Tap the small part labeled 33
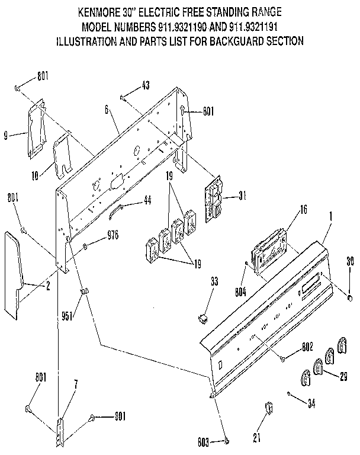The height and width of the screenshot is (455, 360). click(204, 318)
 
